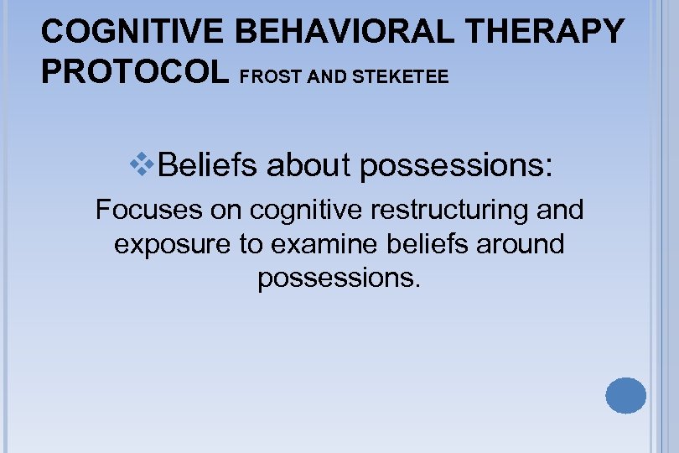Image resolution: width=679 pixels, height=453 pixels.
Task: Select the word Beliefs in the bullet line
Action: click(209, 165)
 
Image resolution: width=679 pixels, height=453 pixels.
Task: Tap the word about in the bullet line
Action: click(310, 165)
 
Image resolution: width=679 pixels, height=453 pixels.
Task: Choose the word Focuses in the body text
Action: click(149, 210)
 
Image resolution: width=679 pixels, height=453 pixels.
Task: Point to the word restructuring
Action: click(437, 210)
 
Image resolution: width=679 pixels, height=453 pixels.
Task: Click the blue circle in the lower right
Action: click(626, 395)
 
